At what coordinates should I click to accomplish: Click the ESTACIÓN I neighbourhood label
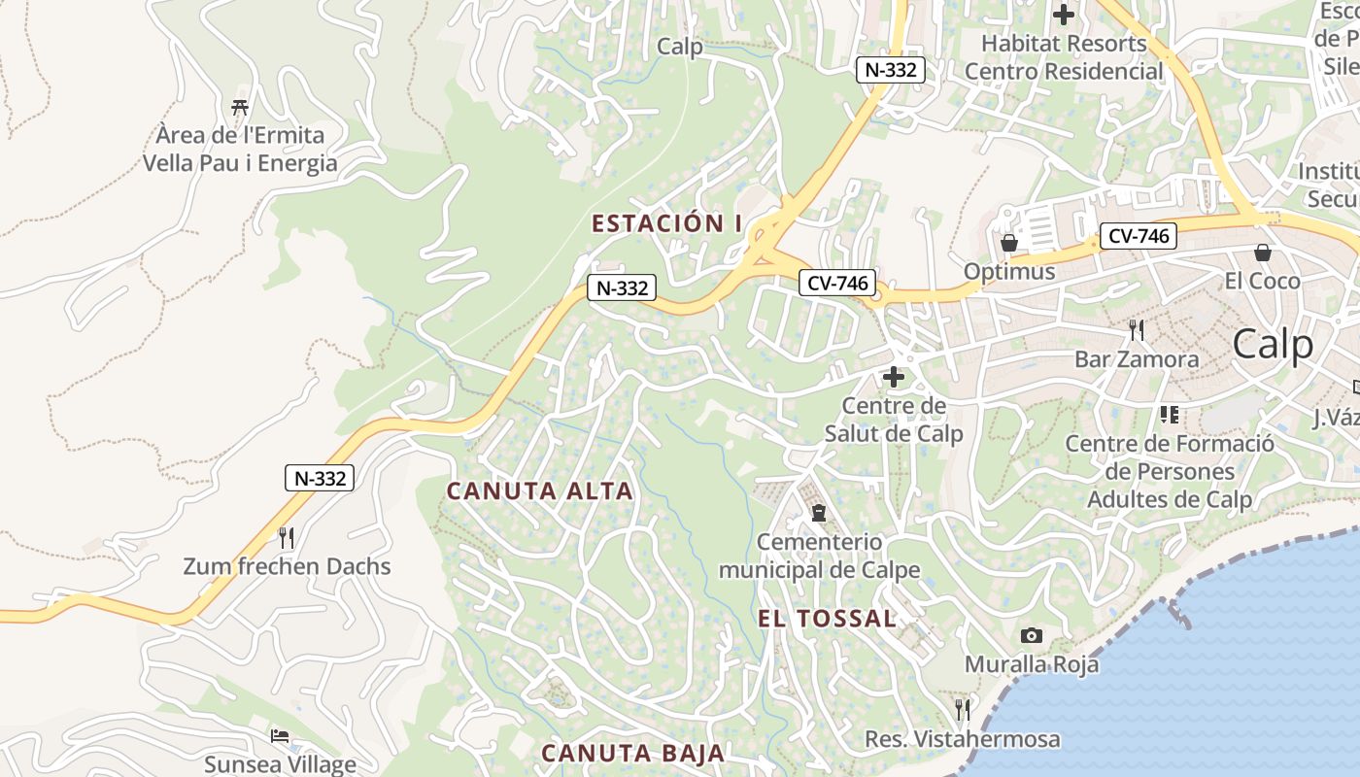pyautogui.click(x=666, y=223)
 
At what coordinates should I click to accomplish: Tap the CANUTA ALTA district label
pyautogui.click(x=539, y=491)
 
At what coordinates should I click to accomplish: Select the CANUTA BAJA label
pyautogui.click(x=632, y=753)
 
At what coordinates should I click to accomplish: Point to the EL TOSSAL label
pyautogui.click(x=826, y=619)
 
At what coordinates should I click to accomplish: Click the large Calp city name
pyautogui.click(x=1273, y=345)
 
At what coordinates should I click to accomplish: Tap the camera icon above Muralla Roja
pyautogui.click(x=1032, y=636)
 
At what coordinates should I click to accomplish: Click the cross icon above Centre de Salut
pyautogui.click(x=894, y=377)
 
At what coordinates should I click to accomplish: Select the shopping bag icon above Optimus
pyautogui.click(x=1009, y=243)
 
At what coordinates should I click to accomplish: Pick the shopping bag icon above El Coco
pyautogui.click(x=1263, y=253)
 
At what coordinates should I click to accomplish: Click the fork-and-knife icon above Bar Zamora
pyautogui.click(x=1137, y=330)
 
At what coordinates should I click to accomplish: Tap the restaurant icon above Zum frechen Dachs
pyautogui.click(x=287, y=537)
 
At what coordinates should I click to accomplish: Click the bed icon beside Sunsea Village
pyautogui.click(x=280, y=736)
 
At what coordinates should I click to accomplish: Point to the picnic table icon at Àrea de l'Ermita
pyautogui.click(x=240, y=107)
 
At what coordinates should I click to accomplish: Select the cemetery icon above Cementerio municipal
pyautogui.click(x=818, y=512)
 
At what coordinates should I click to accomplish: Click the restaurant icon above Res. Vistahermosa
pyautogui.click(x=962, y=710)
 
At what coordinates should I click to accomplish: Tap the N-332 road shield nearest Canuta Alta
pyautogui.click(x=319, y=478)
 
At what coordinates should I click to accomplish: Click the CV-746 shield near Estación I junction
pyautogui.click(x=837, y=283)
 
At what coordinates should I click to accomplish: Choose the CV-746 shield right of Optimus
pyautogui.click(x=1139, y=235)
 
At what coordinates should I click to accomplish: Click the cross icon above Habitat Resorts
pyautogui.click(x=1064, y=15)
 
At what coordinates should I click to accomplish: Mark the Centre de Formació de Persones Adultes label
pyautogui.click(x=1170, y=471)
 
